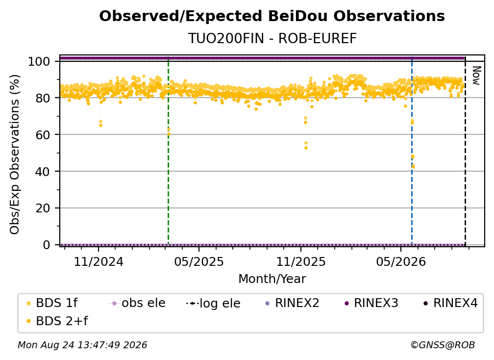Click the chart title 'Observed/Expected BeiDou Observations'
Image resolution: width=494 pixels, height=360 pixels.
tap(272, 16)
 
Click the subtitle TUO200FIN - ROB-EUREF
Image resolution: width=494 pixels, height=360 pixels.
tap(272, 38)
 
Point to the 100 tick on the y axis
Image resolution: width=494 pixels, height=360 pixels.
tap(39, 61)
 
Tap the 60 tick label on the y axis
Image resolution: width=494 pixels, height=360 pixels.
tap(43, 135)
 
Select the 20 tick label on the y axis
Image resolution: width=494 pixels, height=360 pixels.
tap(43, 208)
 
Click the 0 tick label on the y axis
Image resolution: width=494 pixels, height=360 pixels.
tap(47, 245)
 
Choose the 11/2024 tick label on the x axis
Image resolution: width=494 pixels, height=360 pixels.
tap(99, 261)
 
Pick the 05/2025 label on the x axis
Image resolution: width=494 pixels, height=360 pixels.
tap(199, 261)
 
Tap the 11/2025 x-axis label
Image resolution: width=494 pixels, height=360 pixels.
tap(301, 261)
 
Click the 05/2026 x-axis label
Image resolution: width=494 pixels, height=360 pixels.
tap(401, 261)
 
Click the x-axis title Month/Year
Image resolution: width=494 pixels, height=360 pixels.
tap(272, 279)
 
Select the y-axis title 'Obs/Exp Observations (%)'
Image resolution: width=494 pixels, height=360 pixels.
tap(15, 154)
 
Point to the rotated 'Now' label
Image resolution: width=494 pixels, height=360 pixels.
tap(476, 76)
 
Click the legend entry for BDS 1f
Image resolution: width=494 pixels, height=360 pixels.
tap(52, 303)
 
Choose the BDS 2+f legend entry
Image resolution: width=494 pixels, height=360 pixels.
tap(57, 321)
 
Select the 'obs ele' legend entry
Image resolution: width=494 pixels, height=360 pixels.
tap(137, 303)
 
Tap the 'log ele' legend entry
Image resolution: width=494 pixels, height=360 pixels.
tap(213, 303)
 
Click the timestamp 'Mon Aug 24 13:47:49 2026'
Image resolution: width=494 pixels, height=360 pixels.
tap(82, 345)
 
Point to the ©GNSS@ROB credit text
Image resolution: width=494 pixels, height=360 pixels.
tap(443, 345)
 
